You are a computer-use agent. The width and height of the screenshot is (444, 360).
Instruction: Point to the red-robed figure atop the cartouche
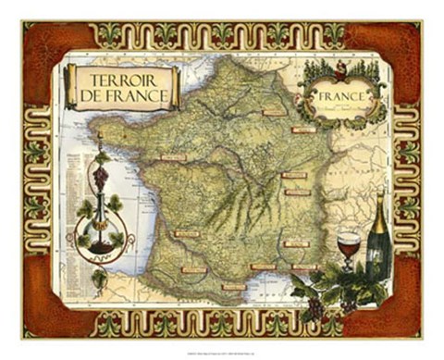pos(339,66)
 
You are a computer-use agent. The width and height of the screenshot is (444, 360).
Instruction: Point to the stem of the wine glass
pos(348,267)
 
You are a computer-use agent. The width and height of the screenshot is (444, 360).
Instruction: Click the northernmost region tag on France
pos(274,112)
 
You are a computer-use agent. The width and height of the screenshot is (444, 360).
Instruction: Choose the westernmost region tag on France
pos(174,157)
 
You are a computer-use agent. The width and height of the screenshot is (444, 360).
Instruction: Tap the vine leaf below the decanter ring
pos(98,278)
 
